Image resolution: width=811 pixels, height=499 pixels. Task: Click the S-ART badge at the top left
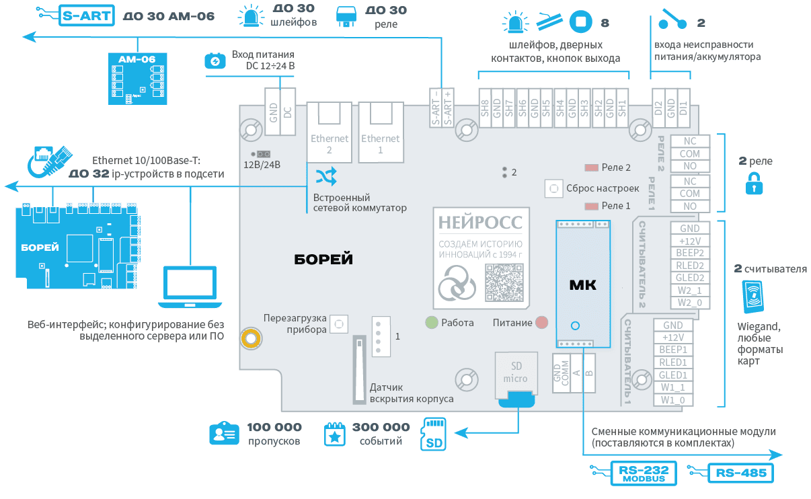pyautogui.click(x=86, y=15)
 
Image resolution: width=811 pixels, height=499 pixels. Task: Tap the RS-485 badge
pyautogui.click(x=741, y=473)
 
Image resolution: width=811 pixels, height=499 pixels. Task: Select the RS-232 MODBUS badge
pyautogui.click(x=643, y=473)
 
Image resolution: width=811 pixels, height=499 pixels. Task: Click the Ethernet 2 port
pyautogui.click(x=330, y=132)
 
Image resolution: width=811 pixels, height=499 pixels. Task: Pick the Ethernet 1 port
pyautogui.click(x=381, y=132)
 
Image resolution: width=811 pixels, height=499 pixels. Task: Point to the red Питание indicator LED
pyautogui.click(x=542, y=322)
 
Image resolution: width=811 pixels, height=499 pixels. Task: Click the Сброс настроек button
pyautogui.click(x=553, y=188)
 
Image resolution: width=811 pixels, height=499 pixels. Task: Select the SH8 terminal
pyautogui.click(x=485, y=108)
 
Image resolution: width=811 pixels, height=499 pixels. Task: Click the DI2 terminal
pyautogui.click(x=658, y=108)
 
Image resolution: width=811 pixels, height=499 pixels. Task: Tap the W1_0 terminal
pyautogui.click(x=673, y=400)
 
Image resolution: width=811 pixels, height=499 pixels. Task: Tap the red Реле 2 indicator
pyautogui.click(x=592, y=167)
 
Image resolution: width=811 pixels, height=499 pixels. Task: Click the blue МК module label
pyautogui.click(x=583, y=284)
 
